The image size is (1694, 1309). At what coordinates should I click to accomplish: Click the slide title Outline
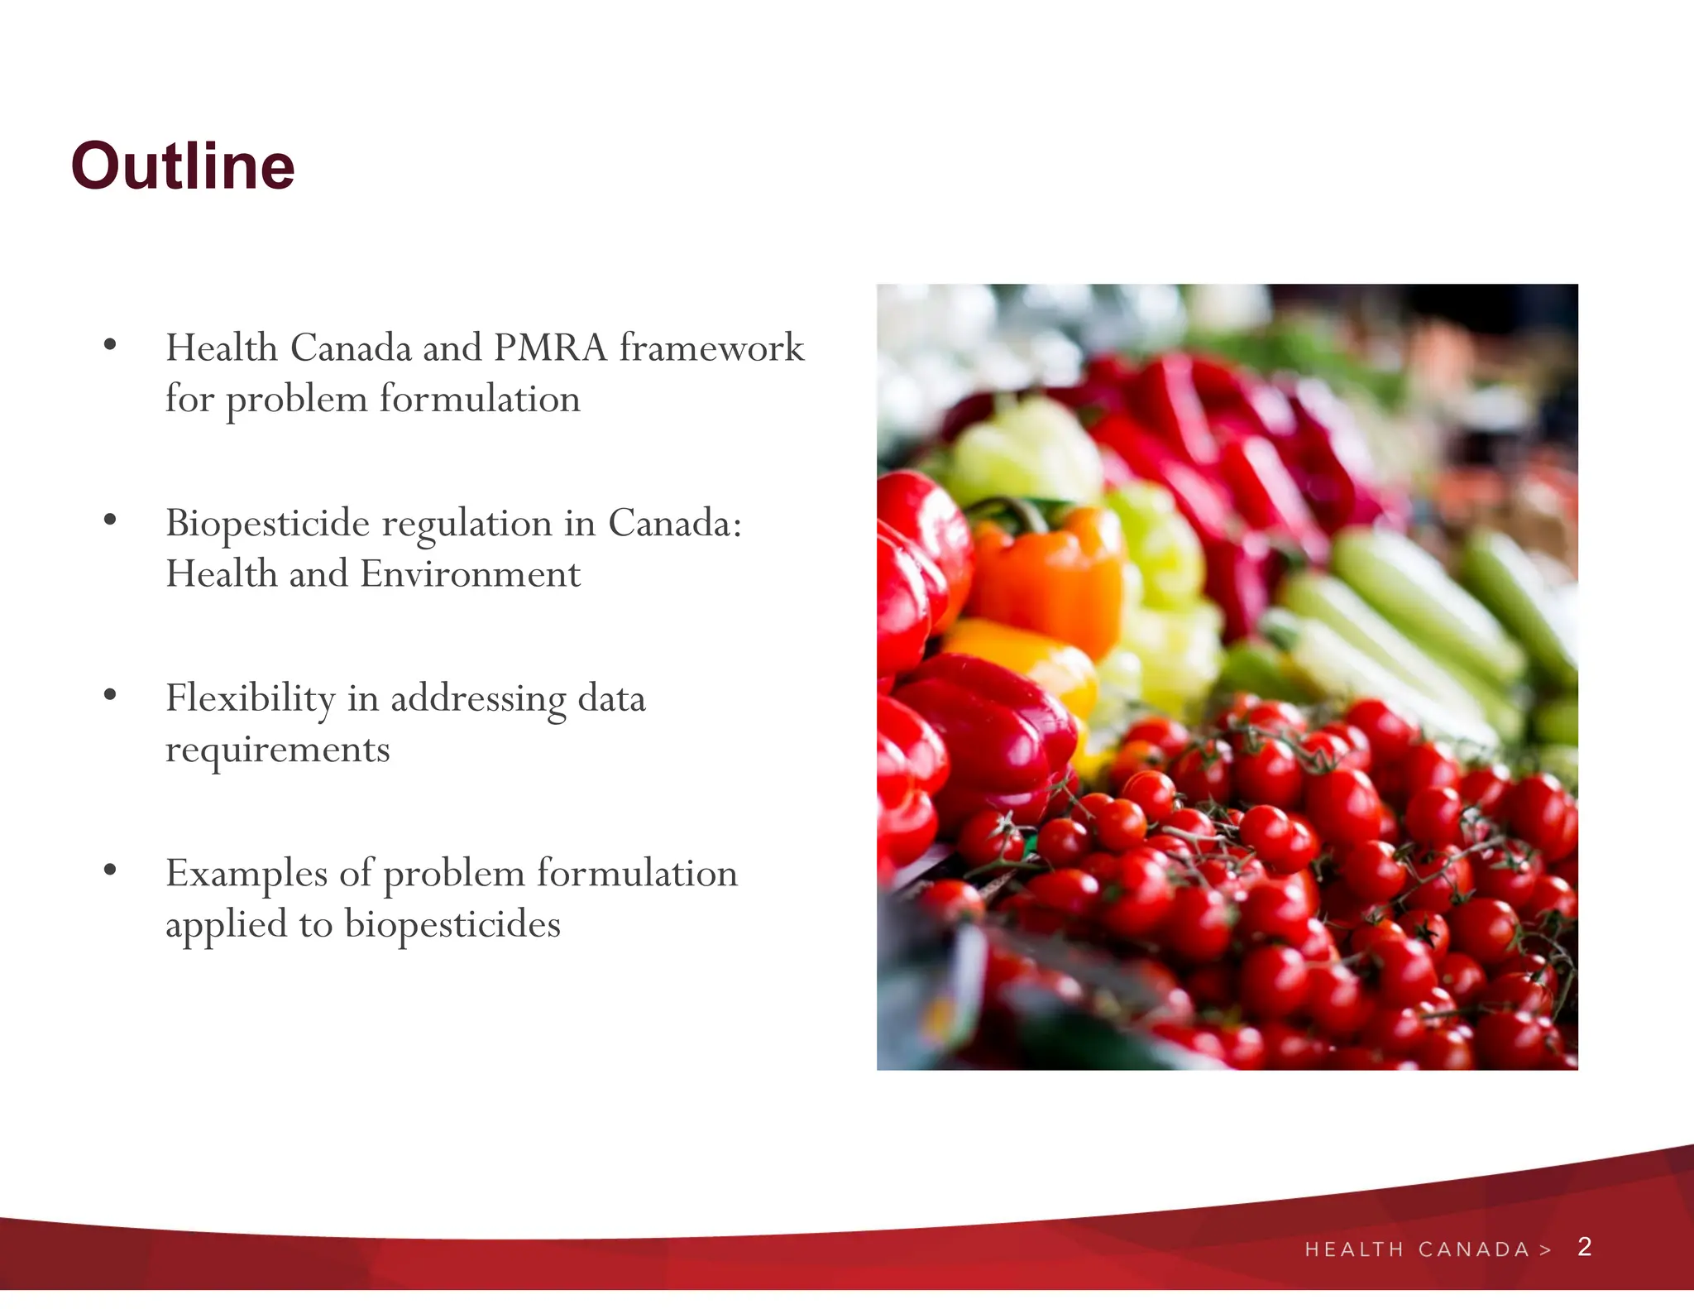click(x=183, y=166)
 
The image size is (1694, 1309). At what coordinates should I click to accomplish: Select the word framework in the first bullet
click(x=711, y=348)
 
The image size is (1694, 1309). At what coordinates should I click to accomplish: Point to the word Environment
click(x=470, y=574)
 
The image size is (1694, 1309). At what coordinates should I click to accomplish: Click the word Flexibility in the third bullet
click(x=250, y=699)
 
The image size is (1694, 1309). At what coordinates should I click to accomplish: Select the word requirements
click(x=277, y=750)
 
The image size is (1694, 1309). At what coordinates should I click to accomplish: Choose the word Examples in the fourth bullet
click(x=246, y=874)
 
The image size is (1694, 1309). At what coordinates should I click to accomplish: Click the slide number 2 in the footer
click(x=1584, y=1246)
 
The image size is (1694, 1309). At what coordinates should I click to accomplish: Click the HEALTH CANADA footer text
click(x=1417, y=1249)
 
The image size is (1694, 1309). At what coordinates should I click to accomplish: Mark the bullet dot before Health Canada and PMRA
click(x=110, y=345)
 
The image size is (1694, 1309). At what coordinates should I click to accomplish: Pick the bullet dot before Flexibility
click(x=110, y=695)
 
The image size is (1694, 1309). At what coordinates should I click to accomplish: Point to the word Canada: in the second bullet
click(x=675, y=524)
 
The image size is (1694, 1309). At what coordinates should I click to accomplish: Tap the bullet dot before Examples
click(x=110, y=870)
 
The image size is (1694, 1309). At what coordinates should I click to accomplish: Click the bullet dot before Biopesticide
click(x=110, y=520)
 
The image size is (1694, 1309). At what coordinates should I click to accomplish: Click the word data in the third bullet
click(x=611, y=699)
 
